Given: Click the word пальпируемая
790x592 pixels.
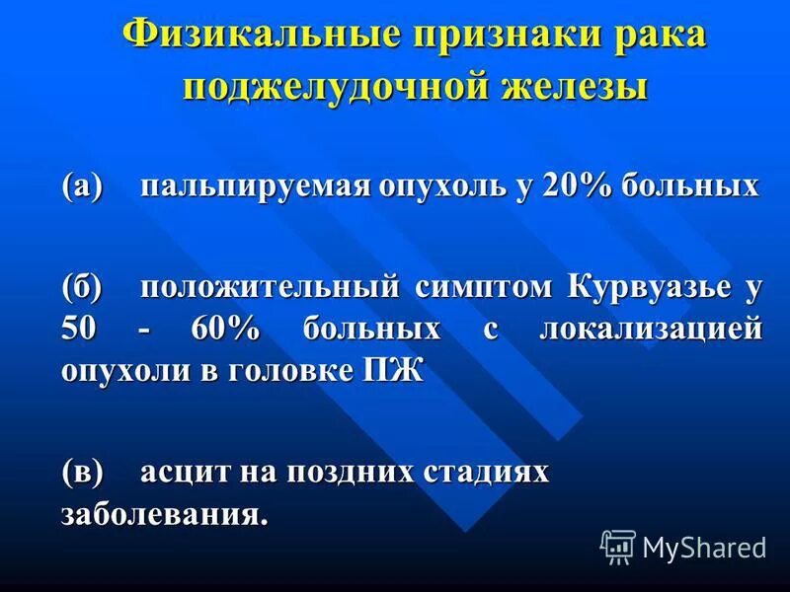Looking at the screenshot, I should tap(251, 186).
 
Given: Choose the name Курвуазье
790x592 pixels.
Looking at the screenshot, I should tap(648, 287).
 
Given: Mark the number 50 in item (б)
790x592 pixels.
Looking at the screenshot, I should tap(79, 329).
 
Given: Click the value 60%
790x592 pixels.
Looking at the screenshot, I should tap(224, 329).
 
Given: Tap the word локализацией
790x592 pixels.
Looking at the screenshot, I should tap(651, 329).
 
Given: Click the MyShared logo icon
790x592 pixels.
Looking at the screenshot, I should tap(618, 546).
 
